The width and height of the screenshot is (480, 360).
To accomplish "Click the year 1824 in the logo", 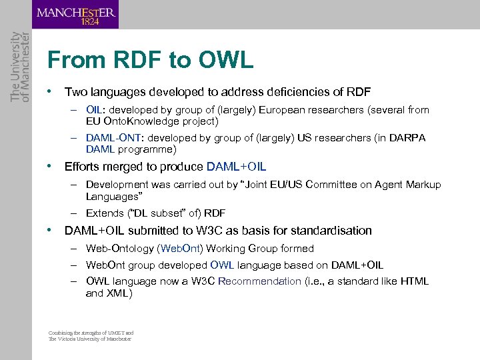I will tap(90, 21).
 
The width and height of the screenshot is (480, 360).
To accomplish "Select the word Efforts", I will tap(83, 167).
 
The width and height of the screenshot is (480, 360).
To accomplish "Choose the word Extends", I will tap(105, 213).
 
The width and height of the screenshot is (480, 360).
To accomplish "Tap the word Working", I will tap(226, 249).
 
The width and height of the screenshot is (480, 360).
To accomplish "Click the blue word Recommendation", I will tap(259, 281).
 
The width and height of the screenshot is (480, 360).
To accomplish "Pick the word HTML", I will tap(414, 281).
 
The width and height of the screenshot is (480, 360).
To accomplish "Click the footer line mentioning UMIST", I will tap(91, 333).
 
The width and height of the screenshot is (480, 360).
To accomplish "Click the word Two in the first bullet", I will tap(75, 92).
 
